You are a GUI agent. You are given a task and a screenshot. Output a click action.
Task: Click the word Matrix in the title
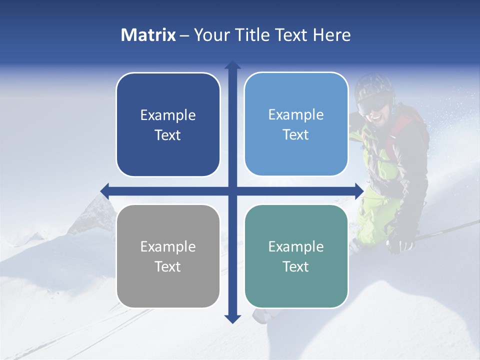(148, 35)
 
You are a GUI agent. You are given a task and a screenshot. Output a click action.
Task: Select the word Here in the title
(331, 35)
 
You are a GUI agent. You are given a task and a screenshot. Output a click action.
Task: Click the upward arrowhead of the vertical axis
(232, 65)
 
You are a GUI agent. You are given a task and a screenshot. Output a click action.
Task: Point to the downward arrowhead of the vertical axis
(232, 318)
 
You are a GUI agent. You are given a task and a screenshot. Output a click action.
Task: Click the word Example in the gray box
(168, 246)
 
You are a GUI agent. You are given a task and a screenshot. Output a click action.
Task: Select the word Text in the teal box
(296, 266)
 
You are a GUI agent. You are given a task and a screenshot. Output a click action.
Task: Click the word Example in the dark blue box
(168, 115)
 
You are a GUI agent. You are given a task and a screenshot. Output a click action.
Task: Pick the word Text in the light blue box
(296, 135)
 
